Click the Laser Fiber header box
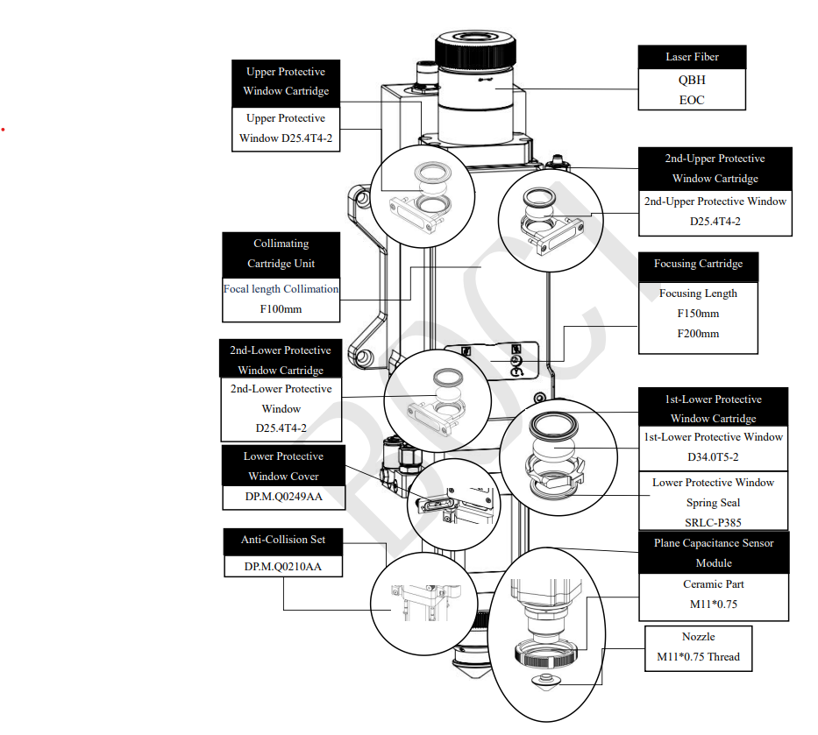(692, 57)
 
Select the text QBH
(692, 80)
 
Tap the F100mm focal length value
(281, 309)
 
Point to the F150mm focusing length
(698, 314)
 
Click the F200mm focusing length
(698, 334)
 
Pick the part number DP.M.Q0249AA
(284, 497)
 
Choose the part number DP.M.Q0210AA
(283, 567)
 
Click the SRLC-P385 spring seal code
(713, 522)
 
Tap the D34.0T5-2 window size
(713, 457)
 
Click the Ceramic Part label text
(713, 583)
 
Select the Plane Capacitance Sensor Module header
(714, 553)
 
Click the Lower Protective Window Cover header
(283, 465)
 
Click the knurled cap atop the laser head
(476, 50)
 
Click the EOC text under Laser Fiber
(692, 100)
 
